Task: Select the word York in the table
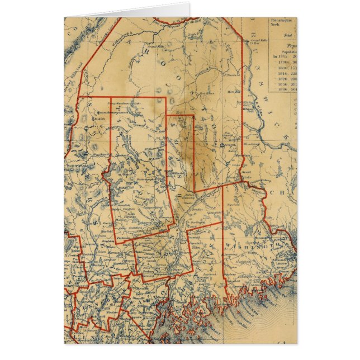pos(261,25)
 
